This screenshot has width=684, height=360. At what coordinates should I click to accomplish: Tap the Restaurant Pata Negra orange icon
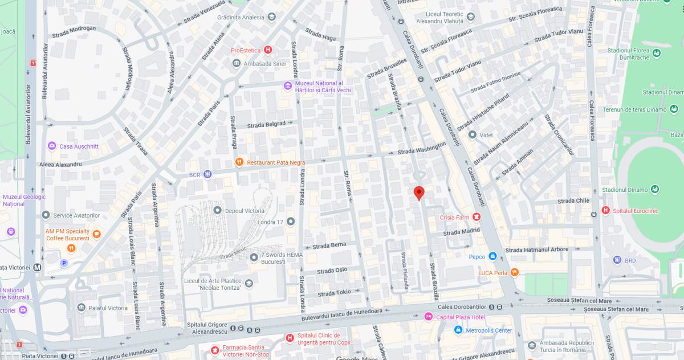239,162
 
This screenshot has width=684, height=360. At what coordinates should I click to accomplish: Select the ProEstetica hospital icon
268,50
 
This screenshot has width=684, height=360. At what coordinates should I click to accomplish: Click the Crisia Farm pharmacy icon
477,217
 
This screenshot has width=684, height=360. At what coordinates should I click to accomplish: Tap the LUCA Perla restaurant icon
515,272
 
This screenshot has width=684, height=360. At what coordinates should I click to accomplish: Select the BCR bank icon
208,174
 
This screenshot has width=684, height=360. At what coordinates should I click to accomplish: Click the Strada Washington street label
421,149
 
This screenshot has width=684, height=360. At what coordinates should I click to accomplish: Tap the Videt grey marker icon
472,135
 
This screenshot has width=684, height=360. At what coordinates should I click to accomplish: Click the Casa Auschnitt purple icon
52,146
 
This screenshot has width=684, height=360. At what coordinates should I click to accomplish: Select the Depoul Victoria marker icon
217,211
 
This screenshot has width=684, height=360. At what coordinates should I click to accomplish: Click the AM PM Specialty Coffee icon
96,234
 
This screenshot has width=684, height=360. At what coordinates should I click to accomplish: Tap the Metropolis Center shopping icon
458,330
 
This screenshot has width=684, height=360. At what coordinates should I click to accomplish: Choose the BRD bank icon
617,260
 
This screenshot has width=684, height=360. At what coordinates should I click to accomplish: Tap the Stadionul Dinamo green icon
655,189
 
